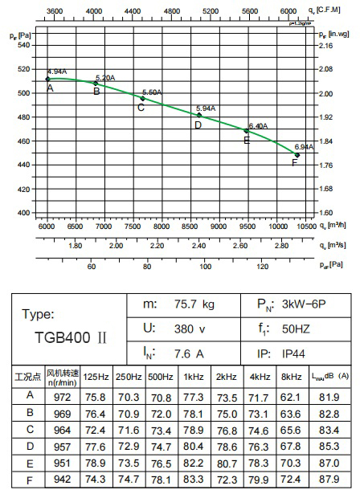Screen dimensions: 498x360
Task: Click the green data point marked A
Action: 48,79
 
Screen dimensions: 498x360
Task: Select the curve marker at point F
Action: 297,155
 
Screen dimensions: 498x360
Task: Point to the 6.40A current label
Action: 258,126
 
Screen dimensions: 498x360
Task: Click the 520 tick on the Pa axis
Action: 23,69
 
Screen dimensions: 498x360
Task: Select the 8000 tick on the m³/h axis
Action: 162,227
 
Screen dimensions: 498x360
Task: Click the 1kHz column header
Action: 194,377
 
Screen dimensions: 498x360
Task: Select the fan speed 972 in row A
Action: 60,395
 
